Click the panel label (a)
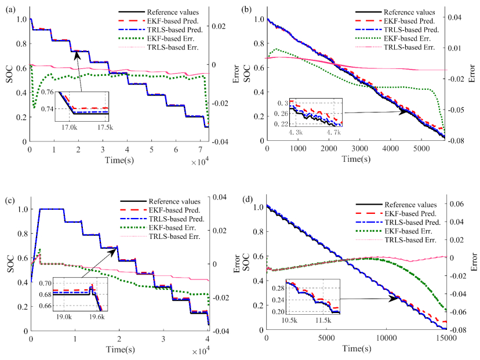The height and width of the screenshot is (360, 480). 11,7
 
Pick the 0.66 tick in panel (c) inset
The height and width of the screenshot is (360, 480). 45,306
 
